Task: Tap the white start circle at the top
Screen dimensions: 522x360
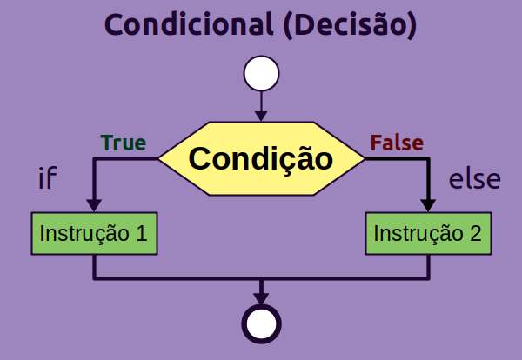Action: coord(261,74)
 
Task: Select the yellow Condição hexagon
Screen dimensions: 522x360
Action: coord(261,159)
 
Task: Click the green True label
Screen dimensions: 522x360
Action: coord(124,143)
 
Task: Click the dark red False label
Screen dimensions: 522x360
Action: coord(397,143)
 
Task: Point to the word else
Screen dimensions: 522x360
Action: coord(474,179)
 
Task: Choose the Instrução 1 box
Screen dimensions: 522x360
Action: coord(94,233)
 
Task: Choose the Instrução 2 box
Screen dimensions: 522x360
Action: coord(427,233)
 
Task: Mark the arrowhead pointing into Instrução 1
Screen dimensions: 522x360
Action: coord(94,205)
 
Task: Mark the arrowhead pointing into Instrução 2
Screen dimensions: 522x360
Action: coord(427,205)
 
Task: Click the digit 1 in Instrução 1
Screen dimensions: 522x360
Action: coord(140,233)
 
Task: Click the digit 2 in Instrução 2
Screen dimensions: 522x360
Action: coord(474,233)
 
